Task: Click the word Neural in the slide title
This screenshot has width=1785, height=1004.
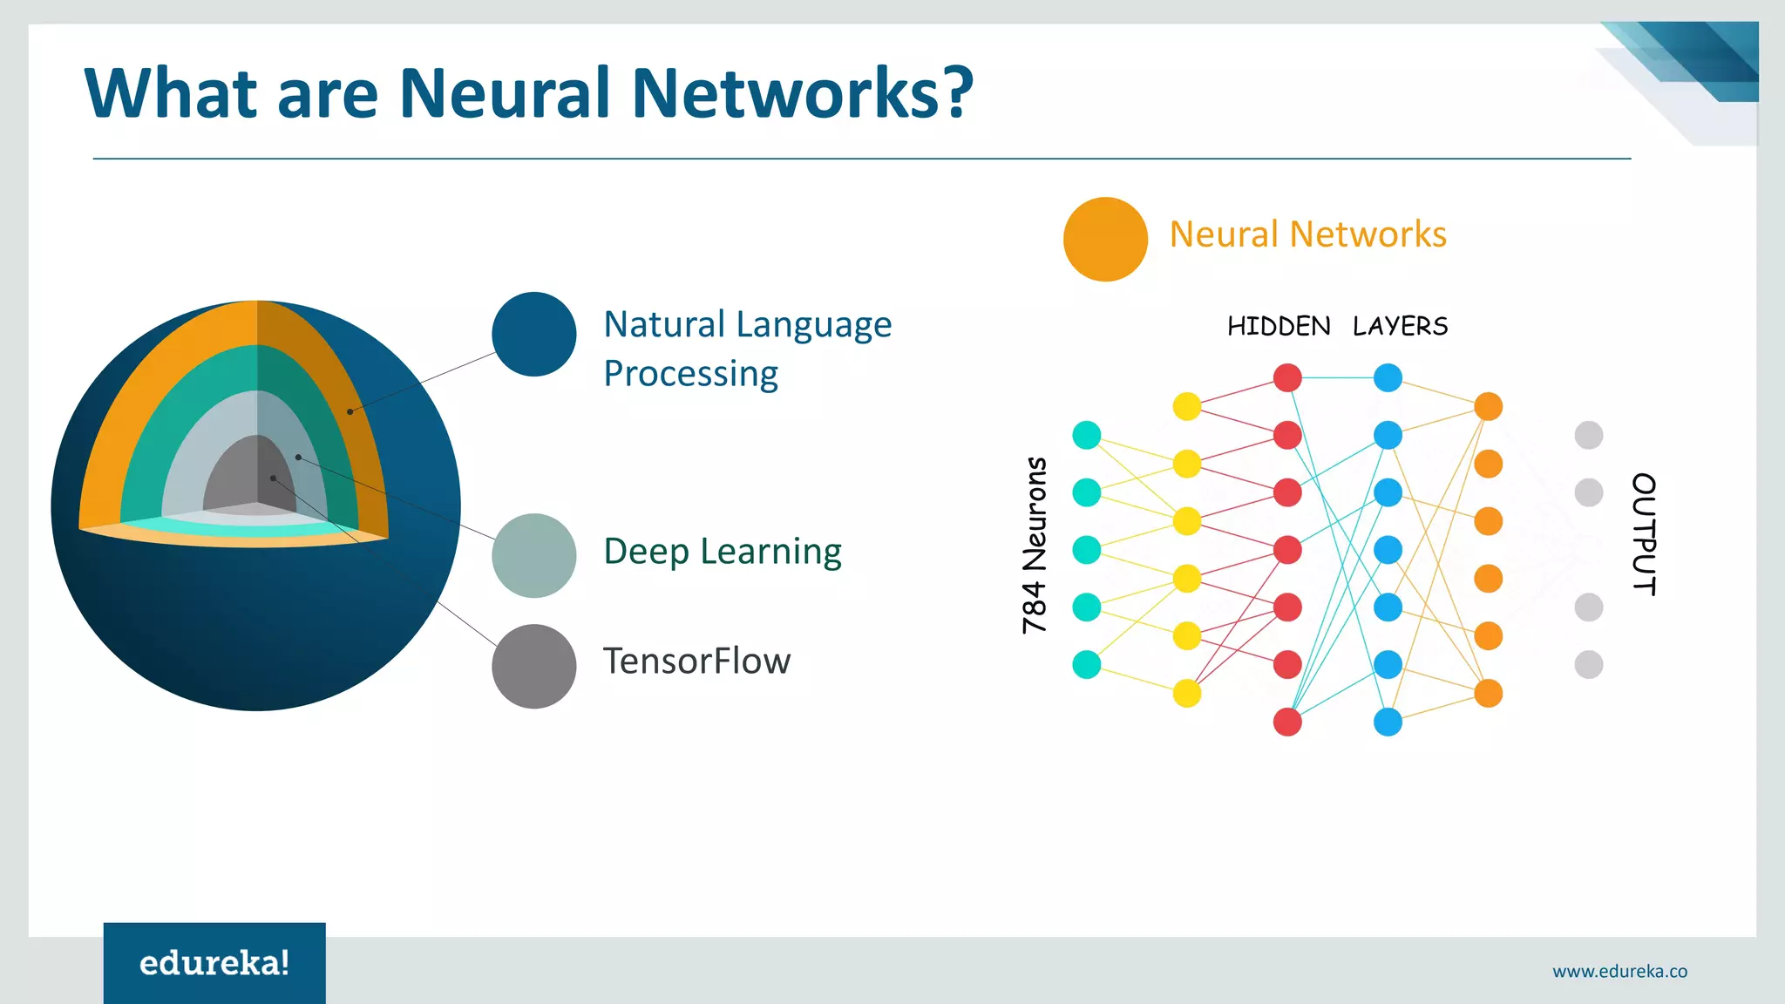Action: tap(505, 93)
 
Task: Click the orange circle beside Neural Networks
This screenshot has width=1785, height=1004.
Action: tap(1105, 239)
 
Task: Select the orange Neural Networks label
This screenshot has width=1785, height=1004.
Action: tap(1307, 234)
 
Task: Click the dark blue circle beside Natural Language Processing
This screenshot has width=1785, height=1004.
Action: tap(533, 334)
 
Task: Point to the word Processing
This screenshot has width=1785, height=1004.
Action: tap(690, 374)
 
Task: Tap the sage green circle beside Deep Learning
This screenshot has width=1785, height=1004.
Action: tap(533, 555)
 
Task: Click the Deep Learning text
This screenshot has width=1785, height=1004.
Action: tap(723, 552)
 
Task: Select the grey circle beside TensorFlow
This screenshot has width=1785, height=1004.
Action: tap(533, 666)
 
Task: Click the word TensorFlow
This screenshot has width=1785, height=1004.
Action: tap(696, 661)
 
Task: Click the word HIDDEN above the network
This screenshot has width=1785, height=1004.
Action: tap(1279, 327)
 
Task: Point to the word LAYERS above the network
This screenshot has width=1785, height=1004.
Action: tap(1400, 327)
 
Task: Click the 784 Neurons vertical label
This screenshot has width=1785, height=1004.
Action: tap(1035, 546)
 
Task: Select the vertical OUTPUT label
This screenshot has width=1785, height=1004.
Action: tap(1643, 534)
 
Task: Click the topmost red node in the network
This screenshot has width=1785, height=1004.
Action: tap(1287, 377)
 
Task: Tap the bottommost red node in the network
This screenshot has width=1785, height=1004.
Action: tap(1287, 722)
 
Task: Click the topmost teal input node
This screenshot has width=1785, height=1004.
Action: tap(1086, 435)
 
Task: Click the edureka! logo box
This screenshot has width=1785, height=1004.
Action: tap(214, 963)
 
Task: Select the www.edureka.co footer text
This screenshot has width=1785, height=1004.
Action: tap(1619, 971)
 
